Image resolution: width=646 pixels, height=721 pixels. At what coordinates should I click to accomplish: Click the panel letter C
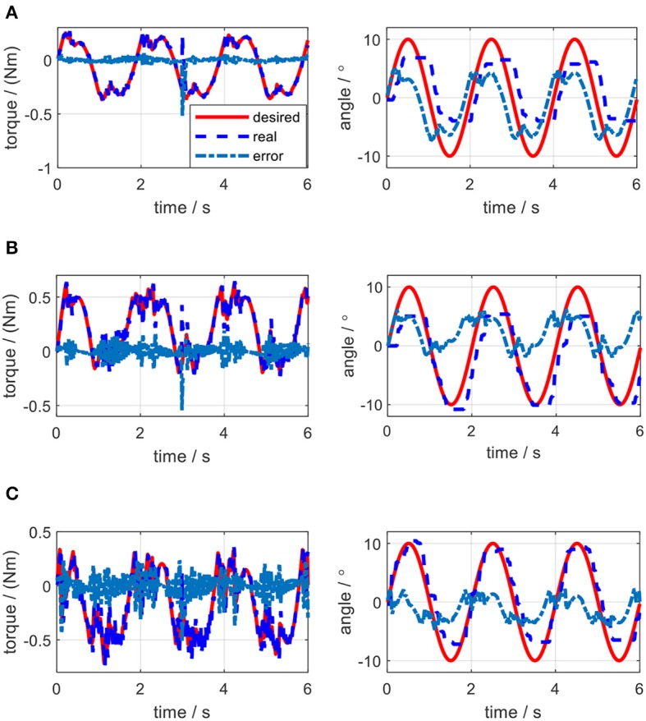[8, 493]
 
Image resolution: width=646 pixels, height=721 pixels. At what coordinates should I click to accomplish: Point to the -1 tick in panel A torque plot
[44, 167]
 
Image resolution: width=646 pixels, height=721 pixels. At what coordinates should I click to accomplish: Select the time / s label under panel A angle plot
[511, 208]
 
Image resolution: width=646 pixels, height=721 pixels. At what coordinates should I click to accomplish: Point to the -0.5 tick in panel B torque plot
[38, 406]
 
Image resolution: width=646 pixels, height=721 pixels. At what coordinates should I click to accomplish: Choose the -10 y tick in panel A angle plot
[367, 156]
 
